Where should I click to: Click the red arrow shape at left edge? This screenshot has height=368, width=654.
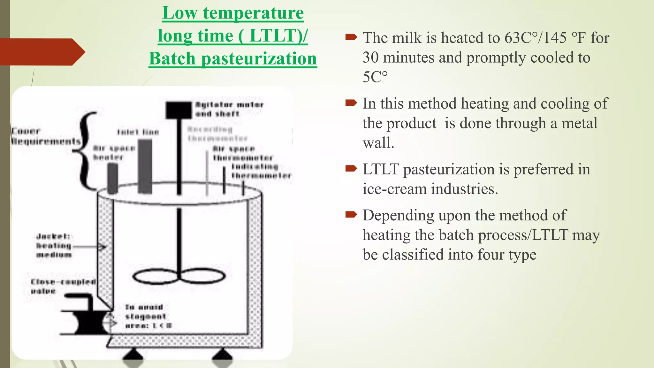42,52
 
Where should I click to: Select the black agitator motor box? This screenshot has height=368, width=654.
179,110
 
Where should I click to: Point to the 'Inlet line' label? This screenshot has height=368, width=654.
138,132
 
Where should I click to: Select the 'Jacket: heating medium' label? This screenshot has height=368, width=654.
54,245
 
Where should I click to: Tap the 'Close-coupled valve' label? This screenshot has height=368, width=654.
63,286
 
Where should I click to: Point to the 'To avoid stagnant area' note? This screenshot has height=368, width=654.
148,316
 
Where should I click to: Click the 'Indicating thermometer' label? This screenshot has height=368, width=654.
261,171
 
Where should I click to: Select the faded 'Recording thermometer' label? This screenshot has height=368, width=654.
217,134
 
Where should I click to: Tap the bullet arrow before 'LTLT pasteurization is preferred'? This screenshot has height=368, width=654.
351,169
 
